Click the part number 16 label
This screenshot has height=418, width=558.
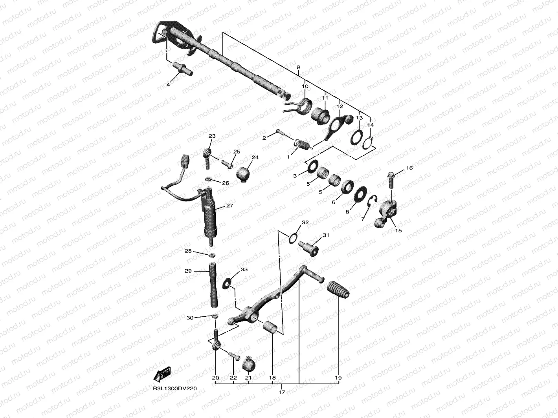pos(409,168)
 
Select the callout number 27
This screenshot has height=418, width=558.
pos(229,205)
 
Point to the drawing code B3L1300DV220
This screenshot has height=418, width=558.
pos(175,388)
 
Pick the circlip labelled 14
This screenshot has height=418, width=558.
pos(368,143)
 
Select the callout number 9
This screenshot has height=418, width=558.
pos(298,67)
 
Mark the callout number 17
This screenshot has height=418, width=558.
pos(282,392)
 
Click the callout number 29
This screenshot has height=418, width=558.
pos(188,271)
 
